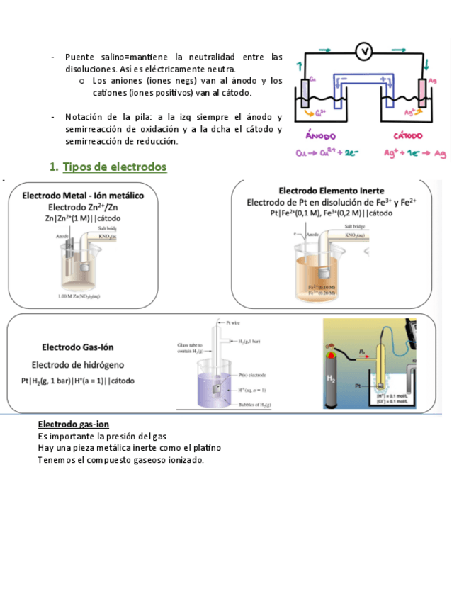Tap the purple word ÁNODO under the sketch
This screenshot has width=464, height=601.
320,135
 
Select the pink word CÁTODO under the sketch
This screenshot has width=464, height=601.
407,135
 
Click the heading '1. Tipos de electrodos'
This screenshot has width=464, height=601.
108,167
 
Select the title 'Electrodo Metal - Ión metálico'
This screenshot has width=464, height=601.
84,195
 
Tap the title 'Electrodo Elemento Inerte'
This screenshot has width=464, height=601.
332,191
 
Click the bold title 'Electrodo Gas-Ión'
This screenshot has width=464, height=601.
78,347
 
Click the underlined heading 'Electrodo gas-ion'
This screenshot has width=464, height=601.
74,424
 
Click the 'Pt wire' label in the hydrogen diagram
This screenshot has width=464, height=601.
234,322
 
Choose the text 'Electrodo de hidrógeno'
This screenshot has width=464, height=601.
78,364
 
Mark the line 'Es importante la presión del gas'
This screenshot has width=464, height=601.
102,436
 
